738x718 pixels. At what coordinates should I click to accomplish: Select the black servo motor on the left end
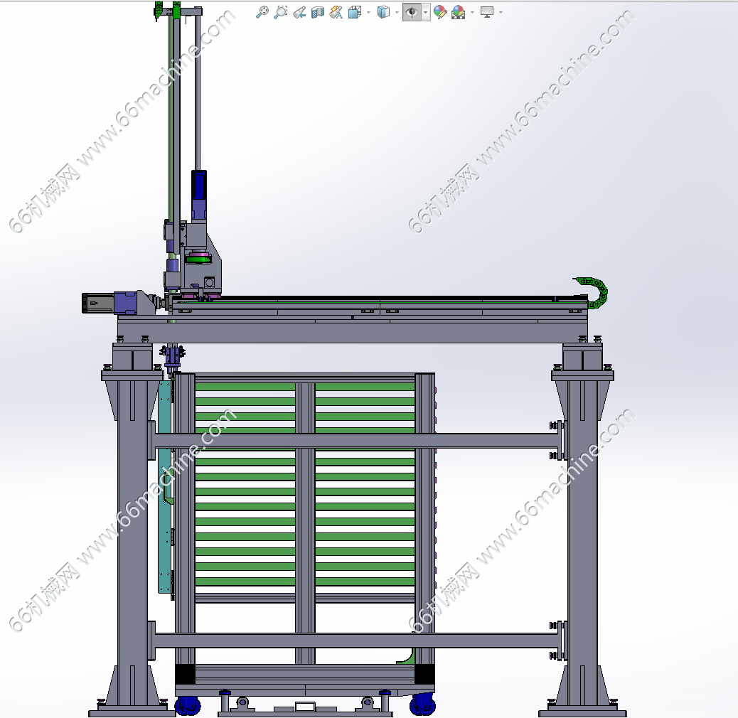97,303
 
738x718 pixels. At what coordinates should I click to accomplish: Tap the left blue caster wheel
188,705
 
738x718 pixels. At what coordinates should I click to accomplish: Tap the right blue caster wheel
422,704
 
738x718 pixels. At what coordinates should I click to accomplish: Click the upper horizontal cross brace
355,441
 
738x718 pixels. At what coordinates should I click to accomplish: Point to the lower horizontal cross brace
355,640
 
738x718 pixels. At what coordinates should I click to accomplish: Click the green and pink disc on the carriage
198,258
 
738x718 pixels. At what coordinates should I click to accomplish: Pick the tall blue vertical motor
198,195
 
